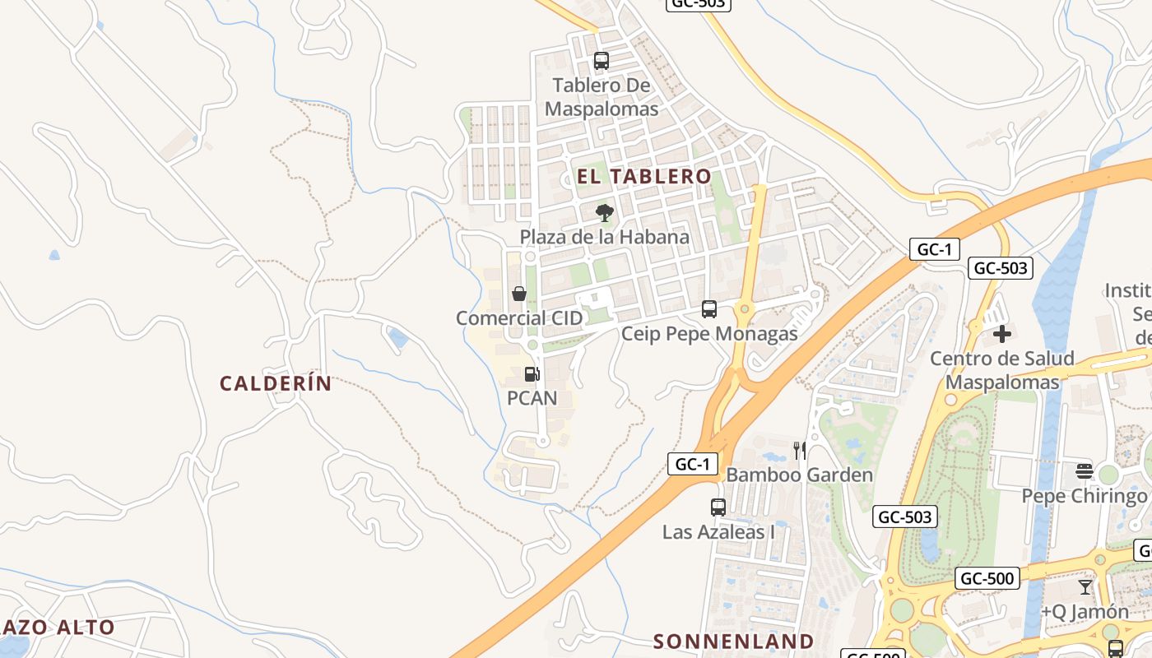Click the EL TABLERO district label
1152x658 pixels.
click(643, 176)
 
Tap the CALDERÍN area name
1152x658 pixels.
click(276, 383)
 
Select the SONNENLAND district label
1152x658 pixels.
click(733, 642)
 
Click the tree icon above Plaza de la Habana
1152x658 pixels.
click(605, 213)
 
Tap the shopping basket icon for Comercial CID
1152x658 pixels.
click(519, 294)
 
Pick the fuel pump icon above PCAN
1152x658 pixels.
click(532, 374)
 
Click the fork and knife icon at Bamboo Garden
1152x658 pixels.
click(799, 450)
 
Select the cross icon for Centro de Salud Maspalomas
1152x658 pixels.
click(1001, 334)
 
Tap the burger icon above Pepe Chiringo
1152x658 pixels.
click(1084, 471)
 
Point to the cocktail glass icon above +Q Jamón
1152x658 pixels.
click(1085, 587)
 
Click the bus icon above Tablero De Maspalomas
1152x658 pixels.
click(602, 60)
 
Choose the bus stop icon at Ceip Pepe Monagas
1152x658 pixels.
click(709, 309)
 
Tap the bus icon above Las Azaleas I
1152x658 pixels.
click(718, 507)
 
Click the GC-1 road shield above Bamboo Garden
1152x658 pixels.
click(692, 464)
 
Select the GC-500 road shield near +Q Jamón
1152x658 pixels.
click(987, 578)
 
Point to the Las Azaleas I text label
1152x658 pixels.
click(718, 532)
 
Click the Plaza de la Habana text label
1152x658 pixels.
click(605, 237)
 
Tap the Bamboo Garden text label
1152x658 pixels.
click(799, 475)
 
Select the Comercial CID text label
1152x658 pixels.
click(519, 318)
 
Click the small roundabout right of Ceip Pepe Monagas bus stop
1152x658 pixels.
click(745, 309)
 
